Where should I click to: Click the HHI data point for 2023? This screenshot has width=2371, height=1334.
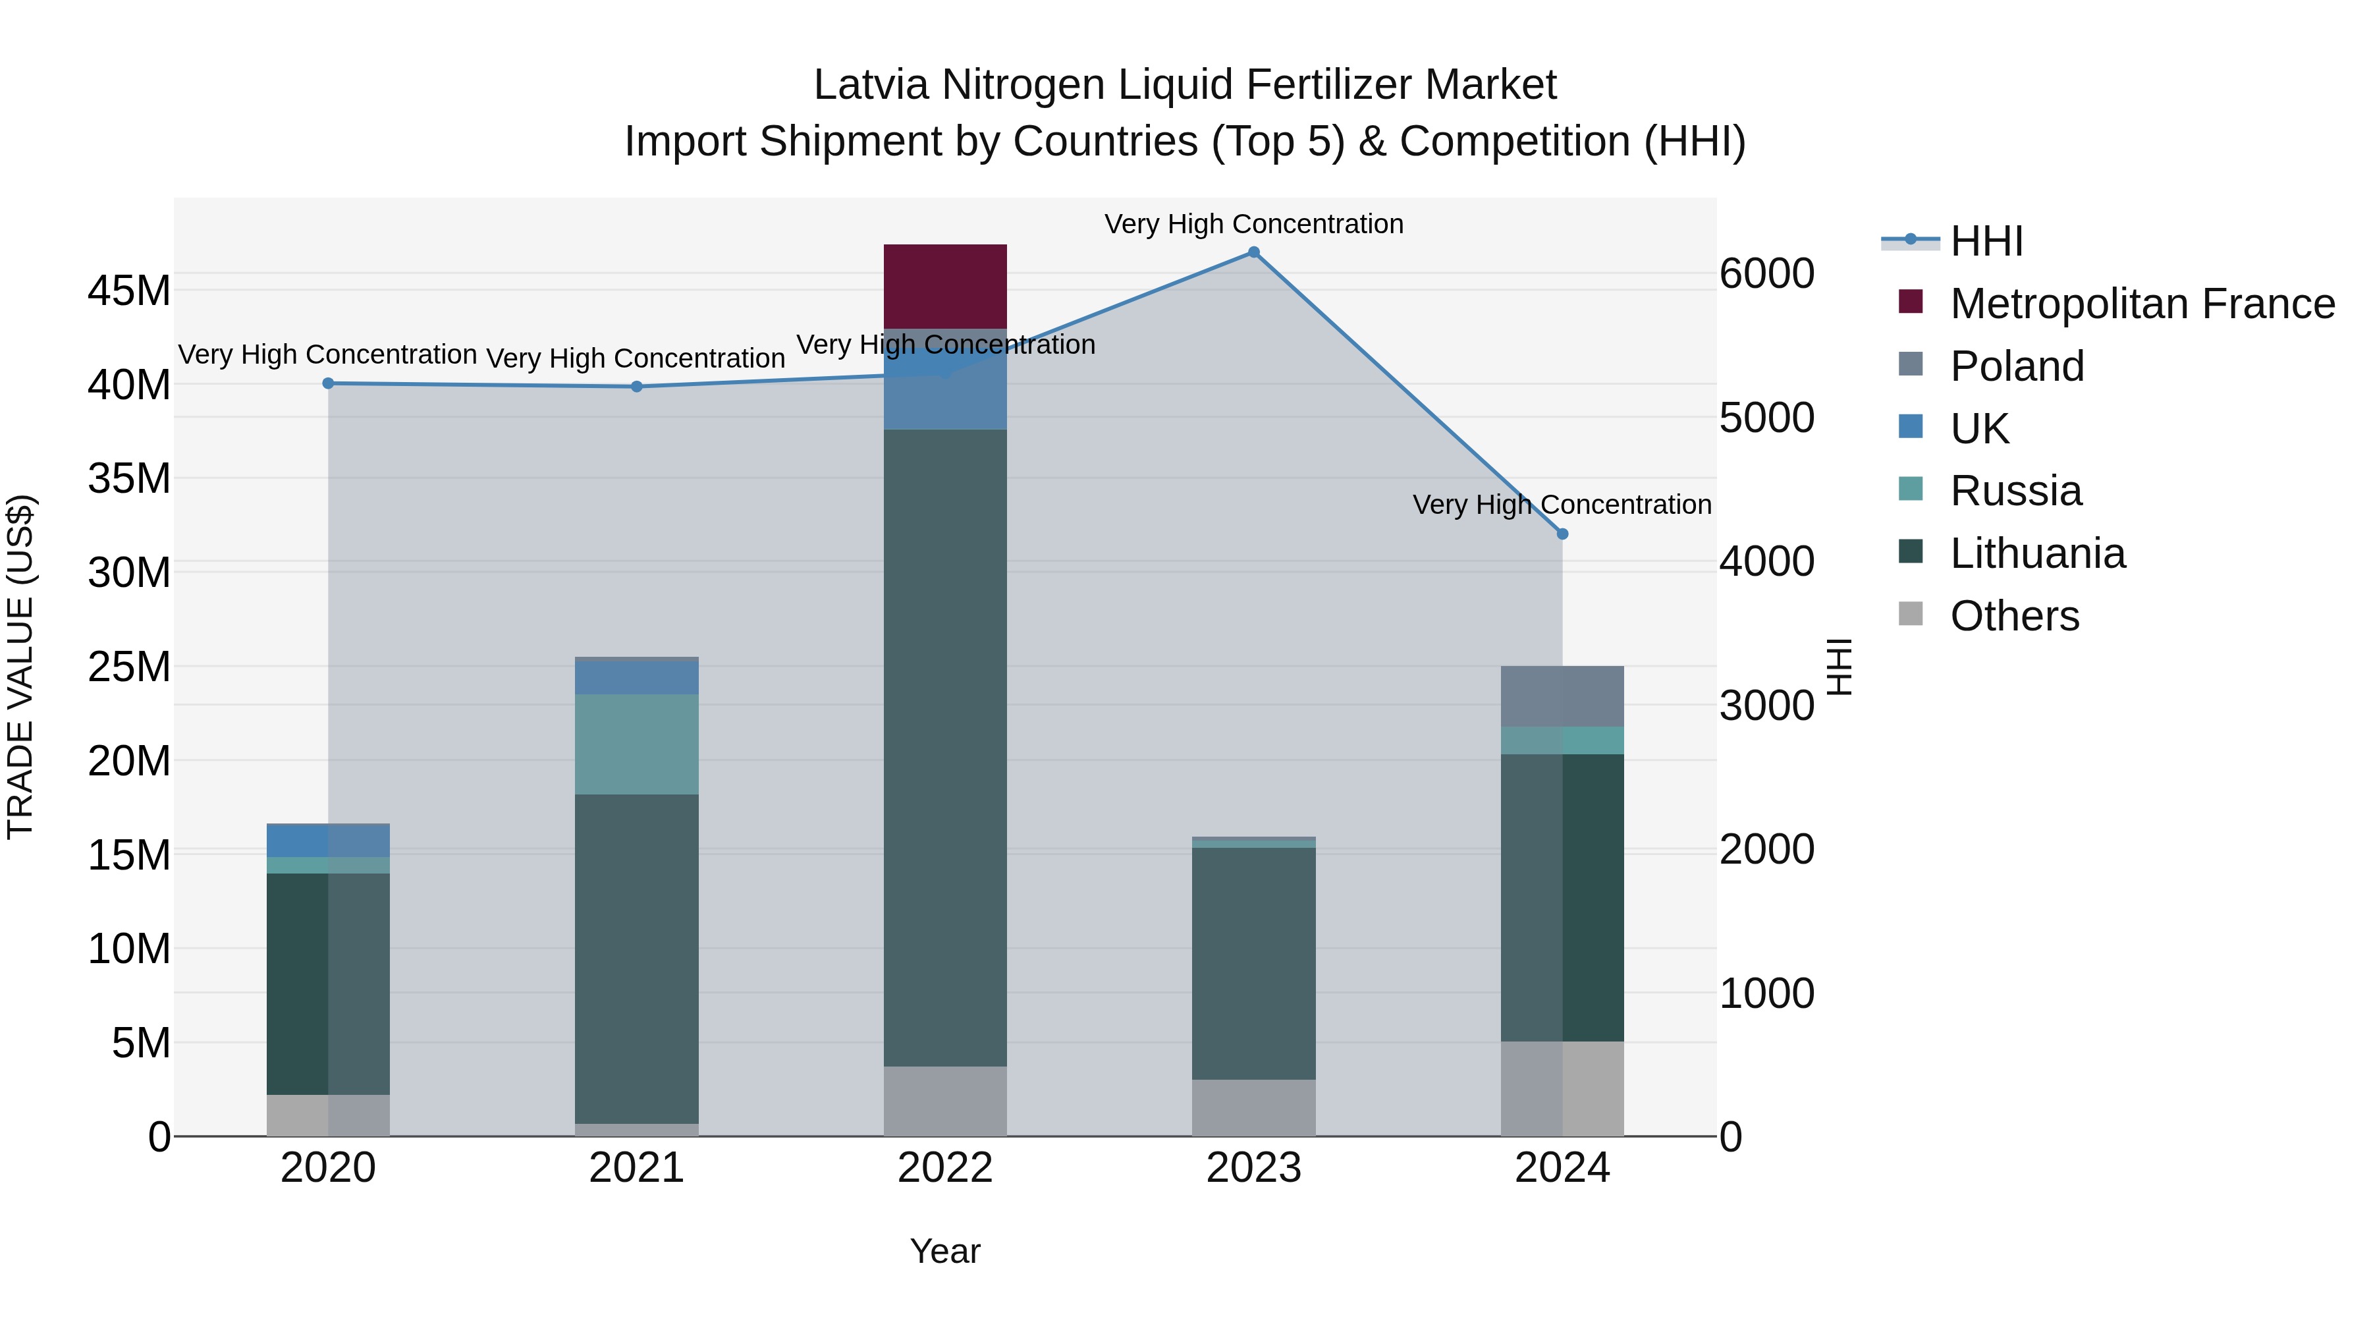(x=1253, y=252)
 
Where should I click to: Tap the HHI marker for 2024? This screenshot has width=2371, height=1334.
(x=1562, y=534)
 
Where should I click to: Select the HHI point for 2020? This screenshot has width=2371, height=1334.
(x=329, y=383)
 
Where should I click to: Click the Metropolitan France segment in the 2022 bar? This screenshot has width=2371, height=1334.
(x=945, y=287)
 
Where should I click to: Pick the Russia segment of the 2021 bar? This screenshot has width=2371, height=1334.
(x=637, y=744)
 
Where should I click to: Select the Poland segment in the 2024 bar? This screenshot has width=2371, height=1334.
(x=1562, y=696)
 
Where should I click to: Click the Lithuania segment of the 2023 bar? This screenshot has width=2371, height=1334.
(x=1253, y=963)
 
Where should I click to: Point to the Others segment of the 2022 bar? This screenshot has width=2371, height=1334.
(x=945, y=1101)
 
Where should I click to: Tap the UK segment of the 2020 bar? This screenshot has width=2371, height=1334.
(x=329, y=841)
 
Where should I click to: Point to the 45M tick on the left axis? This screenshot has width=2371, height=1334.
(x=129, y=291)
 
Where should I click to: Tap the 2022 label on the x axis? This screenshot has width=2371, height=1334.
(x=945, y=1168)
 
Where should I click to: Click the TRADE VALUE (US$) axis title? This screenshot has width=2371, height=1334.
(x=20, y=667)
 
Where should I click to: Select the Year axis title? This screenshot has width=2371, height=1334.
(x=945, y=1251)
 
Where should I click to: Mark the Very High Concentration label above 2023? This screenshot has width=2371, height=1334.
(x=1253, y=224)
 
